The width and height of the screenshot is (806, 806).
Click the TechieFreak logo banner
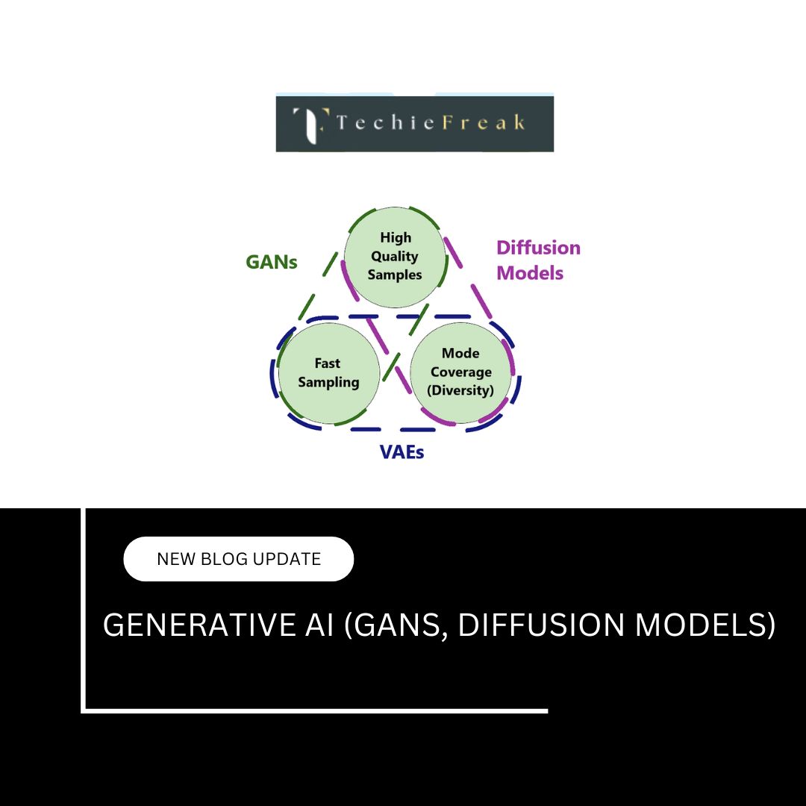tap(415, 123)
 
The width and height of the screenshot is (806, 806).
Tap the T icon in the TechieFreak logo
tap(310, 125)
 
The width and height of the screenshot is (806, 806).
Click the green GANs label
tap(272, 262)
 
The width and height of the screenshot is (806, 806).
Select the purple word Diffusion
tap(538, 248)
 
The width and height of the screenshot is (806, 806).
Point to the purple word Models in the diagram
tap(530, 273)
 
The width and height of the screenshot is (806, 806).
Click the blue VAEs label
tap(402, 452)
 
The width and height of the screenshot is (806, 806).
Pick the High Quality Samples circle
tap(395, 257)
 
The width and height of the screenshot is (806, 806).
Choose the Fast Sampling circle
tap(329, 373)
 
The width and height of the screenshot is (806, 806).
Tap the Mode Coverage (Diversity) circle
tap(460, 373)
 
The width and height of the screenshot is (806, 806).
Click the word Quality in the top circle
tap(395, 256)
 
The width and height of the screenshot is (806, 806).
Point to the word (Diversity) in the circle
tap(460, 390)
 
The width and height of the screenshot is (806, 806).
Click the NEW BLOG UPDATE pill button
tap(239, 559)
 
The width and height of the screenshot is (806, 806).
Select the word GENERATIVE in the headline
tap(199, 625)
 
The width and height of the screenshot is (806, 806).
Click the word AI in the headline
tap(319, 625)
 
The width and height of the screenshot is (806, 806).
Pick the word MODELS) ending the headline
tap(705, 625)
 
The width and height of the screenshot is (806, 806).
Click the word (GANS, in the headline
tap(396, 626)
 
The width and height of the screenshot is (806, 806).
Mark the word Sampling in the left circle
tap(328, 383)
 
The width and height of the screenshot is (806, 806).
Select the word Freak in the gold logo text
tap(484, 122)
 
